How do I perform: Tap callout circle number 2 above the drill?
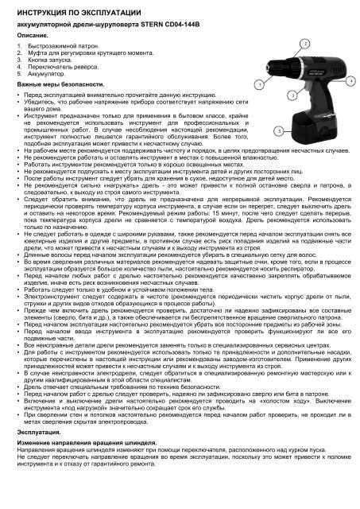[x=306, y=44]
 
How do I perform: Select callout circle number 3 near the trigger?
[x=292, y=94]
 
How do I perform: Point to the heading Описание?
[x=31, y=37]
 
